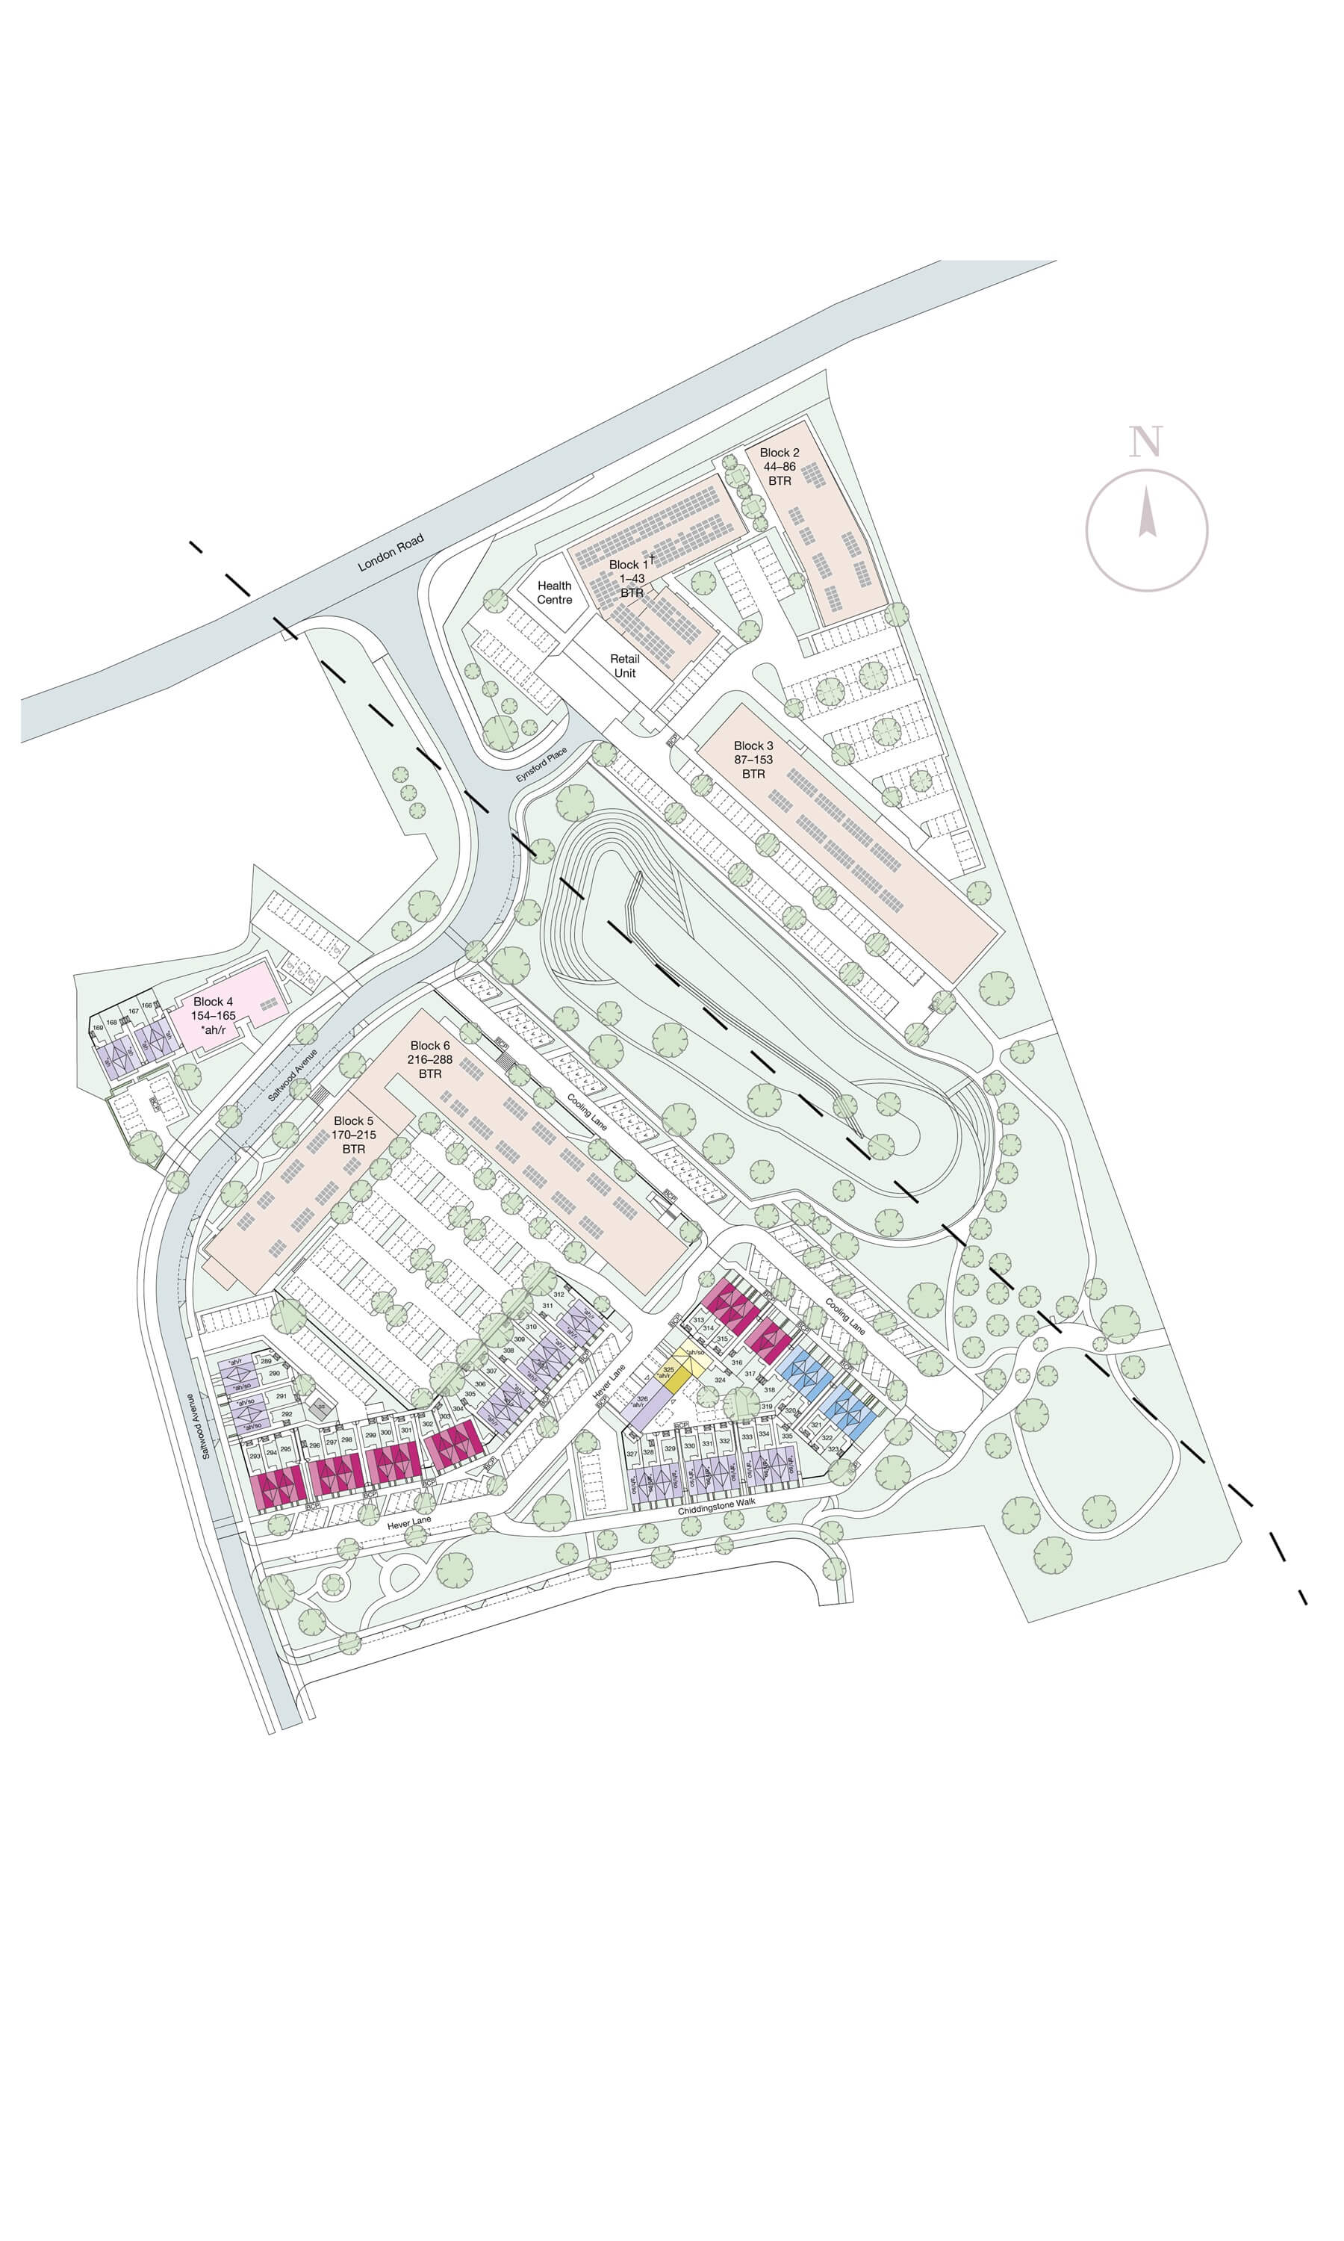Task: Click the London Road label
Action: point(391,553)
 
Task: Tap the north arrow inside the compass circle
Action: point(1147,512)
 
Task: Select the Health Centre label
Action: point(554,592)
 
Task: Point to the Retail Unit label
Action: point(625,666)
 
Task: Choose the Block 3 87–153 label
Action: point(753,759)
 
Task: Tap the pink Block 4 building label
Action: point(213,1014)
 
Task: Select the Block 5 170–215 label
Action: point(353,1134)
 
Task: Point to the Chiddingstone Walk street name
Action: point(716,1507)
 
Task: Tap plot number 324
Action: point(719,1380)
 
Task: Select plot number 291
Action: point(281,1396)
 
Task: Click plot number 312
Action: point(559,1295)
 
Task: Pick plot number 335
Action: point(787,1436)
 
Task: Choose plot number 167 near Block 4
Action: point(133,1011)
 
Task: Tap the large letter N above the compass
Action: point(1145,442)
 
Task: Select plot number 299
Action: point(370,1435)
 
